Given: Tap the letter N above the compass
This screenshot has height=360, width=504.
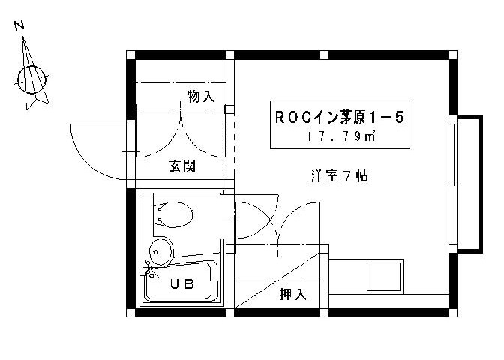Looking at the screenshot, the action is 20,25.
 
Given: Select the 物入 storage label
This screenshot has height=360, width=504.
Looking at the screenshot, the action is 201,96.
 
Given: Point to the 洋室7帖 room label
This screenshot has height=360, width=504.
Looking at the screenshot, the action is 339,177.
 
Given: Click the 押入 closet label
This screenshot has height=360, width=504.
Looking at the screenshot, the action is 293,293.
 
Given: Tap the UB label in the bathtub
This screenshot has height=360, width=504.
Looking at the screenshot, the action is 181,283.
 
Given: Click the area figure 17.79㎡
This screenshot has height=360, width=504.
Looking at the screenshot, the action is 341,137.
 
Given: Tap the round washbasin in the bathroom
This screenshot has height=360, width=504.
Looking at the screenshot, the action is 160,250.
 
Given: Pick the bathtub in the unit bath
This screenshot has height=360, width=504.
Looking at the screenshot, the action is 181,281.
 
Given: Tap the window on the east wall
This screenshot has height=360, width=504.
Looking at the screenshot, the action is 452,184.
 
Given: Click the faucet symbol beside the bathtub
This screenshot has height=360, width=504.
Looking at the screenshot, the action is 148,267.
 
